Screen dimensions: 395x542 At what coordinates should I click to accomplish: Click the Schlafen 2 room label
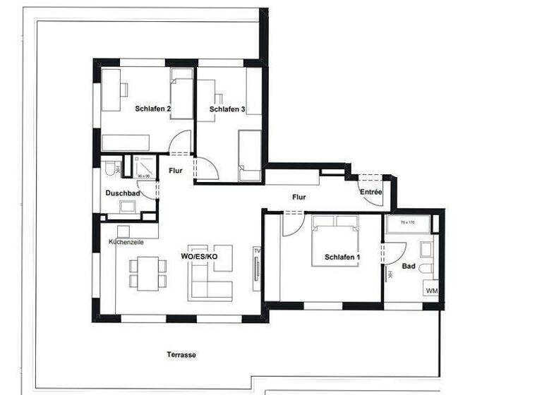tap(153, 109)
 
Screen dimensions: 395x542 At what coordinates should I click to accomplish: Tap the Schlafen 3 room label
tap(227, 109)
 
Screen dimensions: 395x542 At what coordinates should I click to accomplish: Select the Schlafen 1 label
tap(342, 257)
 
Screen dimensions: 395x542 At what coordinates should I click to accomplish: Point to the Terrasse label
tap(181, 354)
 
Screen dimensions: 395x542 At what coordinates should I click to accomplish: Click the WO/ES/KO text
tap(199, 256)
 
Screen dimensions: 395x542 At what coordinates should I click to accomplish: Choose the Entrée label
tap(371, 192)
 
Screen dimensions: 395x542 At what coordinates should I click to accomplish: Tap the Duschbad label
tap(122, 193)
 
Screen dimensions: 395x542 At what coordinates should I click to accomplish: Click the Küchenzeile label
tap(127, 242)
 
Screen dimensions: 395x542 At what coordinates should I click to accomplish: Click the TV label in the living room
tap(256, 251)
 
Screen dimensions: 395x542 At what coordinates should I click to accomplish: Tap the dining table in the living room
tap(147, 273)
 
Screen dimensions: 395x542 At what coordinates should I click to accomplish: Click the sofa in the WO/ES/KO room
tap(210, 281)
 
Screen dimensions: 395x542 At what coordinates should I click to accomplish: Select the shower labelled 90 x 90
tap(145, 167)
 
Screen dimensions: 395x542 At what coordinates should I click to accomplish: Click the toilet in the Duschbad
tap(110, 170)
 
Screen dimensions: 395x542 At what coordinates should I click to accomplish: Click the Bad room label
tap(409, 267)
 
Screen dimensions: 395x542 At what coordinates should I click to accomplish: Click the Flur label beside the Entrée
tap(299, 197)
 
